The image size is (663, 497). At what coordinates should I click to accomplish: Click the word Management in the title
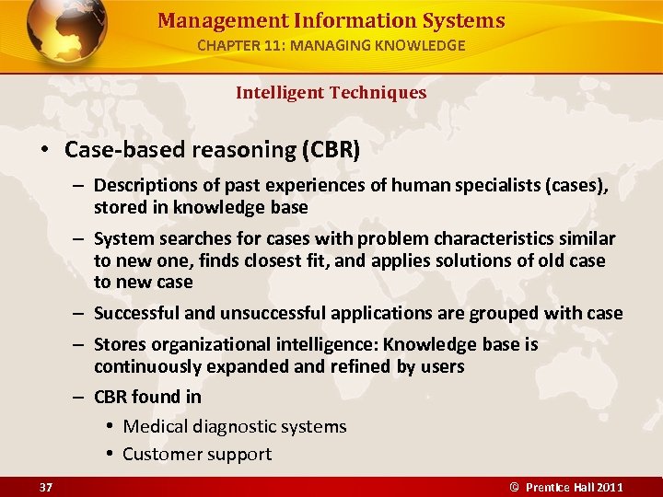[207, 20]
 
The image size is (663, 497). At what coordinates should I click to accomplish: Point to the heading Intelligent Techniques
[331, 92]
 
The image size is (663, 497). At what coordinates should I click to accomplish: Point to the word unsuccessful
[263, 313]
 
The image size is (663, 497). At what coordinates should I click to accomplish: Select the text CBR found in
[147, 397]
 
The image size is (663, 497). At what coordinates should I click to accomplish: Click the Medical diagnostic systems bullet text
[235, 426]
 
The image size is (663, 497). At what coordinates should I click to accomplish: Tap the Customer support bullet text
[197, 454]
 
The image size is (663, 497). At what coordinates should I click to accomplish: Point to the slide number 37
[45, 487]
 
